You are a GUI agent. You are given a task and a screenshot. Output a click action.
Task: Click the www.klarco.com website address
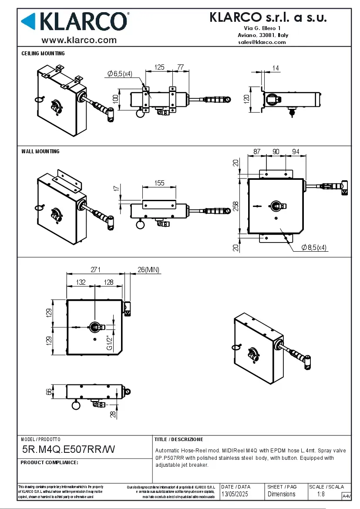(x=79, y=40)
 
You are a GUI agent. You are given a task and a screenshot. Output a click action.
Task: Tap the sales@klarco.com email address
(x=262, y=42)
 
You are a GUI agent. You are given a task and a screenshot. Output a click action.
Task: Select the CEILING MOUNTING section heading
(x=43, y=54)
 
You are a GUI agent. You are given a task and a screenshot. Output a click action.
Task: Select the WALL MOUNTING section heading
(x=40, y=152)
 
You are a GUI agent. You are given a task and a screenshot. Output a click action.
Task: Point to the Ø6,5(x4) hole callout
(x=120, y=74)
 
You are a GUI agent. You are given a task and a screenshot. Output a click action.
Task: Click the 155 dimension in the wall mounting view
(x=159, y=183)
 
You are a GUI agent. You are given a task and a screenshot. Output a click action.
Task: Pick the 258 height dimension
(x=236, y=206)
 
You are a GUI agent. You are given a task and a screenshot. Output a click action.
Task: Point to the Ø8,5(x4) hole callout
(x=314, y=247)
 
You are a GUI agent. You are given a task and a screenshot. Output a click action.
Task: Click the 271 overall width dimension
(x=96, y=270)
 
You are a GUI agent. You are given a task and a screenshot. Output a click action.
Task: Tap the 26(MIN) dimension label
(x=148, y=270)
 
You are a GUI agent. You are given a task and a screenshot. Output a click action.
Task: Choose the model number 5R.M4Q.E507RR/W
(x=68, y=449)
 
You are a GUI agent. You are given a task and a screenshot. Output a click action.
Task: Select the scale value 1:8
(x=321, y=494)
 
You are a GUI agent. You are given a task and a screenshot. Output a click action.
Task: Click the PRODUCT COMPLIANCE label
(x=49, y=462)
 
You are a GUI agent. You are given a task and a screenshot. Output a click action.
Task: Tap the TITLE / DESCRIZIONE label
(x=178, y=439)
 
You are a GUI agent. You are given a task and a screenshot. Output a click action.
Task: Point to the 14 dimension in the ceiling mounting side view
(x=276, y=68)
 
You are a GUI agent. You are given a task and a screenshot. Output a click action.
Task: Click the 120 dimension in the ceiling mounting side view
(x=246, y=99)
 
